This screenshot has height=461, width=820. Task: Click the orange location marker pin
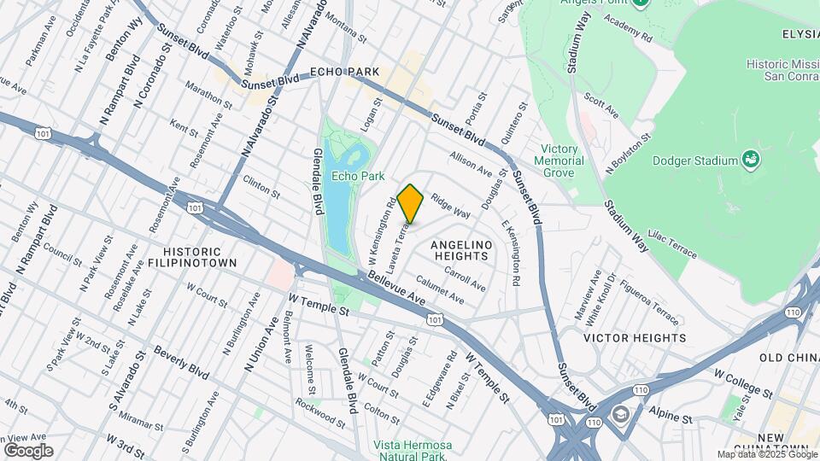pyautogui.click(x=410, y=203)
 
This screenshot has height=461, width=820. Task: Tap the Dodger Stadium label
pyautogui.click(x=694, y=160)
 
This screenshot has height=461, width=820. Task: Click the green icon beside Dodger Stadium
pyautogui.click(x=751, y=159)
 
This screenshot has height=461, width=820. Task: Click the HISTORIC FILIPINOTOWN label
pyautogui.click(x=191, y=258)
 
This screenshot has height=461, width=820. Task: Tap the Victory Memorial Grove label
pyautogui.click(x=559, y=160)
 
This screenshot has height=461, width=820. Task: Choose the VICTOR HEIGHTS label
pyautogui.click(x=634, y=338)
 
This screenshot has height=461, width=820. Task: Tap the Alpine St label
pyautogui.click(x=668, y=419)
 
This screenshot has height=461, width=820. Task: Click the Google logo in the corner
pyautogui.click(x=28, y=451)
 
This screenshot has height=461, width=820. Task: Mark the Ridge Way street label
pyautogui.click(x=450, y=205)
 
